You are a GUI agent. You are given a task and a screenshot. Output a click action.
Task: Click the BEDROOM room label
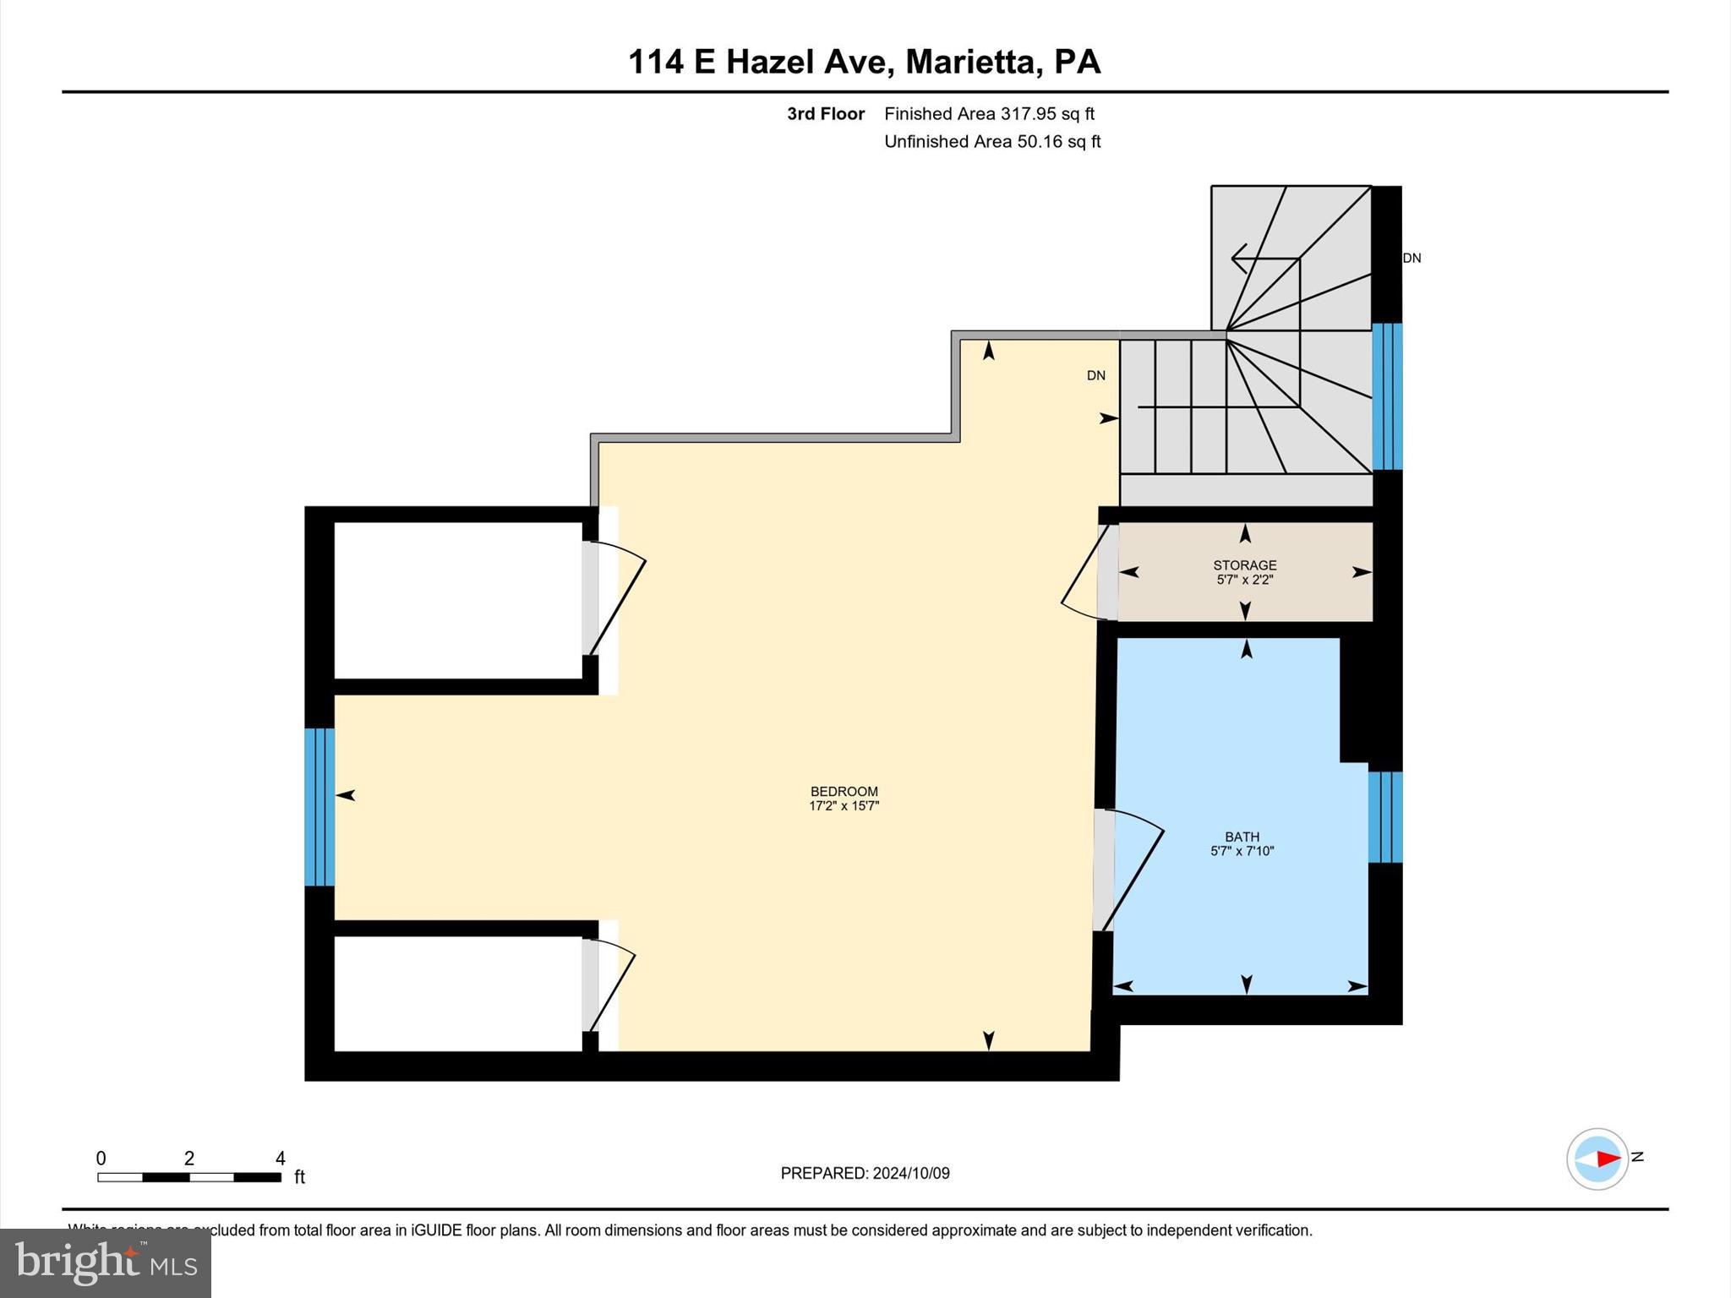point(844,792)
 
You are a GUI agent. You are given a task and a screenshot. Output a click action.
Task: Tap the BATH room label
point(1242,837)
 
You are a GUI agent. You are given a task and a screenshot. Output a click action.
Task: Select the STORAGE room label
point(1244,565)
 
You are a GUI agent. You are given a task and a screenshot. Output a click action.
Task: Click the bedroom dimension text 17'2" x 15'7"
point(844,806)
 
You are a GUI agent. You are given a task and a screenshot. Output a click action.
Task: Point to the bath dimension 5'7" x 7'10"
point(1242,851)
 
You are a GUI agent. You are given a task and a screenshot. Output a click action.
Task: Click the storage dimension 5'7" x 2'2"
point(1244,580)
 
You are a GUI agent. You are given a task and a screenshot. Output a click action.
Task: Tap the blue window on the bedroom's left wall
point(319,807)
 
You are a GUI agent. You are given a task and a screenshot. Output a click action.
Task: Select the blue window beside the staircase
point(1386,396)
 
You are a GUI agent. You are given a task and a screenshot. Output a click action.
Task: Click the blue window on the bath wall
point(1384,817)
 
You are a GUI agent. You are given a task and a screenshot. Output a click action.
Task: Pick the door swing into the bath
point(1133,870)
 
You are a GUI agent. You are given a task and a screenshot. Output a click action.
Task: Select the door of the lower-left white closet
point(610,984)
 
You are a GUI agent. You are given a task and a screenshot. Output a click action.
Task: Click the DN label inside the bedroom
point(1095,376)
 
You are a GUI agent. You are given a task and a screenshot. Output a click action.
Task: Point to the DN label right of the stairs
point(1412,259)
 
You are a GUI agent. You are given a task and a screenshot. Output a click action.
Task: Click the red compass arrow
point(1608,1159)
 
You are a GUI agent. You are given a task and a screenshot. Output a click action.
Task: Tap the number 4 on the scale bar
point(280,1159)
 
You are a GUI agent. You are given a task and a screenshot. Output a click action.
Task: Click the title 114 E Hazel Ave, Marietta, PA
point(864,63)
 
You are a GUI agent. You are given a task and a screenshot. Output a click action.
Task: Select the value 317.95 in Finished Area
point(1029,114)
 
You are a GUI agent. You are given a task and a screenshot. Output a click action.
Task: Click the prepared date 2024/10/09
point(911,1173)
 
